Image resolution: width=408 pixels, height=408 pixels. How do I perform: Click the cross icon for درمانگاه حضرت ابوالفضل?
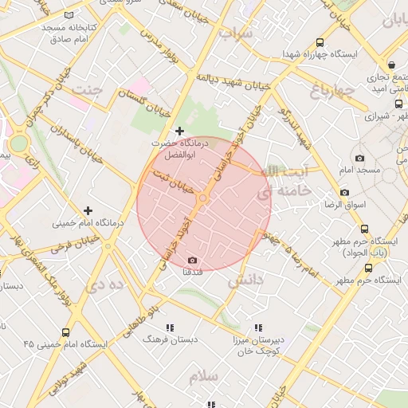click(x=179, y=131)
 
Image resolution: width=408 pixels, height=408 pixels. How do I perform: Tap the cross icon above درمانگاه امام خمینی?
click(x=88, y=210)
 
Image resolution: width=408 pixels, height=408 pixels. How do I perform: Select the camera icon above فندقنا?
click(x=192, y=261)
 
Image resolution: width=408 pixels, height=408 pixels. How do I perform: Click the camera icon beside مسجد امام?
click(x=359, y=159)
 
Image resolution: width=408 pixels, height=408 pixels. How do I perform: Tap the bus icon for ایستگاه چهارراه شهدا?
click(x=320, y=43)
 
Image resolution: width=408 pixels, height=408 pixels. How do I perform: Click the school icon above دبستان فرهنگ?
click(x=169, y=328)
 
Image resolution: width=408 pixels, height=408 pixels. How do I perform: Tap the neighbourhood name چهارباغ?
click(x=331, y=92)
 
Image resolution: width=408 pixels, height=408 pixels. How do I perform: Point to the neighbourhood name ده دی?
click(x=108, y=283)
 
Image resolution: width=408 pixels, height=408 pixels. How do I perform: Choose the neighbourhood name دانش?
click(x=245, y=280)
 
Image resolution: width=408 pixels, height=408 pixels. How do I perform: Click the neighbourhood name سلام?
click(x=203, y=375)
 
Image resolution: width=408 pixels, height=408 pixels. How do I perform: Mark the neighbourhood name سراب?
click(x=236, y=33)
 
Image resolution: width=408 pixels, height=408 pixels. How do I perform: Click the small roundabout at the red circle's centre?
click(x=203, y=198)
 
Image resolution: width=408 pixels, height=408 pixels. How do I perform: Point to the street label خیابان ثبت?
click(x=175, y=181)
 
